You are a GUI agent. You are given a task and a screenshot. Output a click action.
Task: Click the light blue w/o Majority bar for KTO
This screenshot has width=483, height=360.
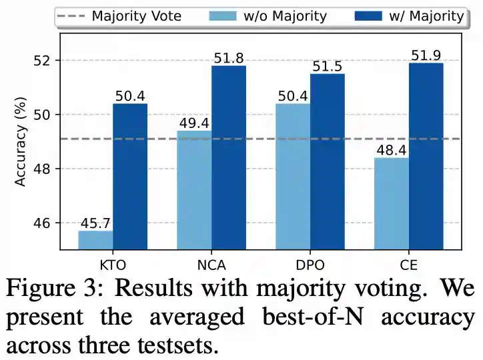96,240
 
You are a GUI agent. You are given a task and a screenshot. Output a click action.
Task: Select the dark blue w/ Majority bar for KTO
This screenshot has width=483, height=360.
130,177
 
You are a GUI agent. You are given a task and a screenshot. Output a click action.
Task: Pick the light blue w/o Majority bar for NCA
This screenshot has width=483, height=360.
195,190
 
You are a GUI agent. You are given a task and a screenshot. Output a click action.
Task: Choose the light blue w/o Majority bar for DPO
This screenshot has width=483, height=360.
294,177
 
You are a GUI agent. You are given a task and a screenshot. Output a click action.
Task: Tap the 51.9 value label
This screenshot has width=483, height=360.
426,55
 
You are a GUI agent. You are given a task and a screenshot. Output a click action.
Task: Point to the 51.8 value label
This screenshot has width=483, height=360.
229,58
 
